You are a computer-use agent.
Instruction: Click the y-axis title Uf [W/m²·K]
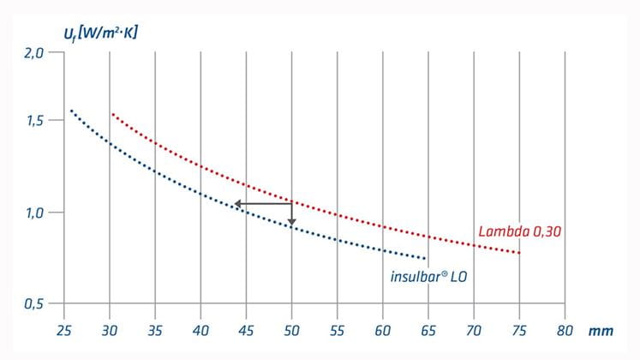(x=102, y=33)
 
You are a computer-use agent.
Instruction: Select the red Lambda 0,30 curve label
(x=519, y=231)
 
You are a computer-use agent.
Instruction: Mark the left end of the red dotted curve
(x=111, y=114)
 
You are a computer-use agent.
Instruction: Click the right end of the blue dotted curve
(x=425, y=258)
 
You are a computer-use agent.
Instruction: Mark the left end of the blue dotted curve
(x=71, y=111)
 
